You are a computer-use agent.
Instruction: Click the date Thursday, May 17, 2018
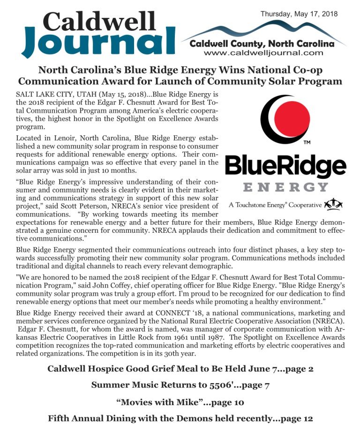(x=299, y=14)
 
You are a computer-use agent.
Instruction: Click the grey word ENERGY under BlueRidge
(x=285, y=186)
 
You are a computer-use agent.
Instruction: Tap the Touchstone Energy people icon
(x=333, y=204)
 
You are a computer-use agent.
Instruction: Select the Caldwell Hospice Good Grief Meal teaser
(x=180, y=369)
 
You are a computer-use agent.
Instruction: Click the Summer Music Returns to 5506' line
(x=180, y=385)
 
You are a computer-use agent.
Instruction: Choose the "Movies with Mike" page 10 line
(x=180, y=402)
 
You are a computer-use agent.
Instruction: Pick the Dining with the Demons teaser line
(x=180, y=418)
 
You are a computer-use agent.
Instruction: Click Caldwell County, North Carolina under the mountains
(x=262, y=44)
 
